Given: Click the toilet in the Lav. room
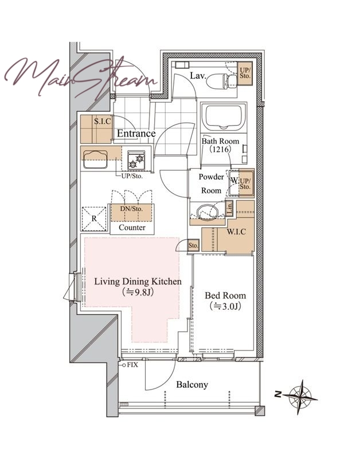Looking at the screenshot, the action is coord(222,80).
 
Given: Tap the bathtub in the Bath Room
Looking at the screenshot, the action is coord(224,117).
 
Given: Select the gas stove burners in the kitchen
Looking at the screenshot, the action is coord(136,161).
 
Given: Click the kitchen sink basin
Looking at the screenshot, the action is coord(95,160).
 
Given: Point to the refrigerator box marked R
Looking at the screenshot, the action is coord(94,219).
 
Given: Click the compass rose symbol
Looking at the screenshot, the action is coord(300,397).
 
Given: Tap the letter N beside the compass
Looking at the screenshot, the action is coord(278,394).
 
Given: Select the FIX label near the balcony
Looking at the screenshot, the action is coord(132,365).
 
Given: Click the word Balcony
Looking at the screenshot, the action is coord(192,384).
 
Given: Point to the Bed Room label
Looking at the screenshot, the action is coord(225,295).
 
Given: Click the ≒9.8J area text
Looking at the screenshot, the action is coord(138,292).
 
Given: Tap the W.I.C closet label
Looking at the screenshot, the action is coord(236,232).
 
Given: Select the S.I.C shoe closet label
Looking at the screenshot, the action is coord(103,121).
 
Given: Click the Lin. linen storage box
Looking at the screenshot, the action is coord(229,208).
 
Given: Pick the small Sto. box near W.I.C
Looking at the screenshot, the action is coord(193,246).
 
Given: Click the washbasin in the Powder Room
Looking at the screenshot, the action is coord(208,211).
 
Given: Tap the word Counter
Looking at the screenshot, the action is coord(132,227).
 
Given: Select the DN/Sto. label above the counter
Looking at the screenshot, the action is coord(132,209).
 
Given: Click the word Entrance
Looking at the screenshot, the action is coord(136,134).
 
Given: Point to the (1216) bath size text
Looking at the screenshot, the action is coord(221,149).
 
